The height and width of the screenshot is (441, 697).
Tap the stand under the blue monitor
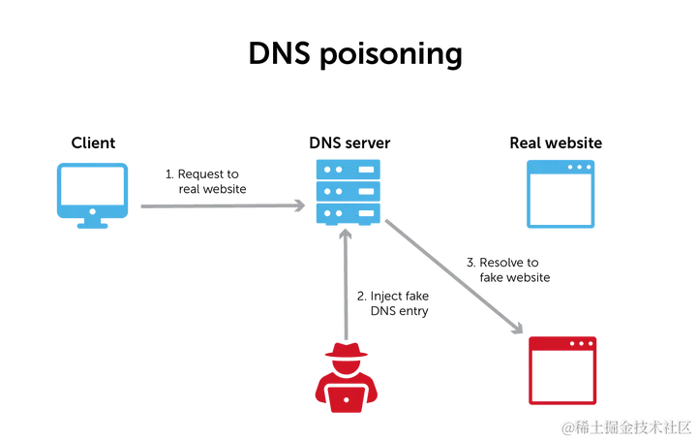[92, 225]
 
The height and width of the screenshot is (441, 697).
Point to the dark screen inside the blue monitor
[92, 188]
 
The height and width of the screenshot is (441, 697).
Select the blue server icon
[348, 193]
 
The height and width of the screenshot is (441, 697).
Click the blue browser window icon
[561, 193]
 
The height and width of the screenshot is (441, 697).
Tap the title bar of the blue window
[561, 166]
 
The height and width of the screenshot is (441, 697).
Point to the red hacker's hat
[347, 355]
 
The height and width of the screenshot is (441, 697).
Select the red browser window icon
[563, 370]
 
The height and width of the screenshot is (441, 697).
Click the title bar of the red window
[563, 343]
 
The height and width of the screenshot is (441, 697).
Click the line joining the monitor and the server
[213, 206]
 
